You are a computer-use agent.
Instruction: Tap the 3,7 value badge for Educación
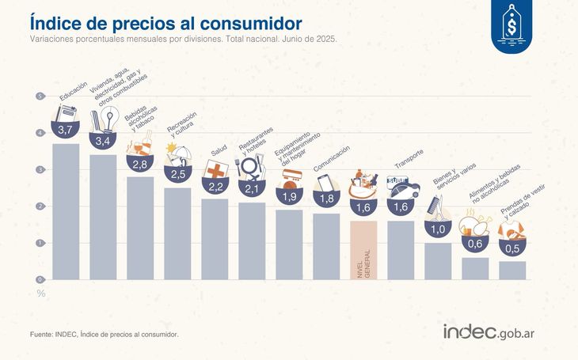pos(67,129)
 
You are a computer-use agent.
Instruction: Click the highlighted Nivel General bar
pos(364,249)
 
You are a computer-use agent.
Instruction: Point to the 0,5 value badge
pos(512,249)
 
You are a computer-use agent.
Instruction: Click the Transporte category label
pos(409,159)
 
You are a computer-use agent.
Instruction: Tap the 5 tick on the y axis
pos(39,97)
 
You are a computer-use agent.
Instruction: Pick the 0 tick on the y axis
pos(39,280)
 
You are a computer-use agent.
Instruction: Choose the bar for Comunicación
pos(326,246)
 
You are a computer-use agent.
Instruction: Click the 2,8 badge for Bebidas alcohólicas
pos(141,165)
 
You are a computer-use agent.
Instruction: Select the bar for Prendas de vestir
pos(512,270)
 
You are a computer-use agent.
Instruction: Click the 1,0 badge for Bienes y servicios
pos(438,229)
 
